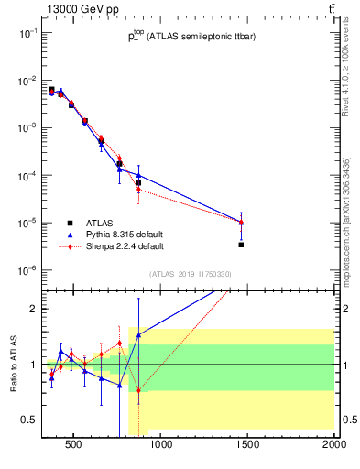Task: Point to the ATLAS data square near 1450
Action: [241, 245]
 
